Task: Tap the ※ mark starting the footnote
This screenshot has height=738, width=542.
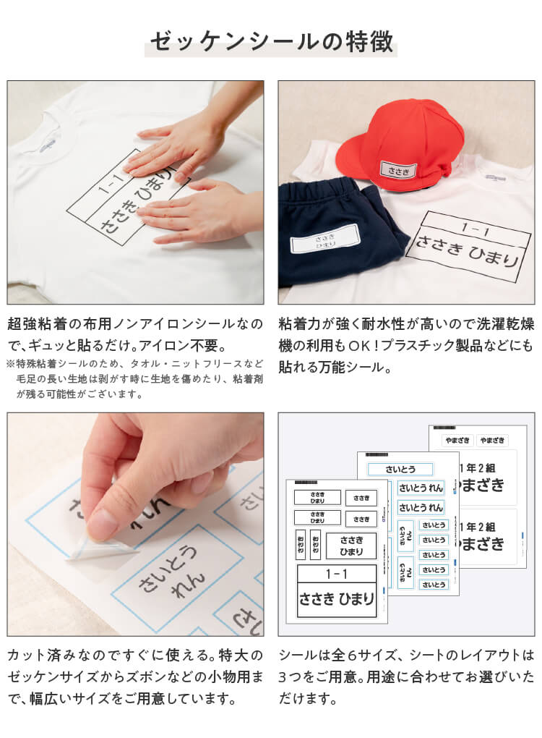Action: tap(11, 364)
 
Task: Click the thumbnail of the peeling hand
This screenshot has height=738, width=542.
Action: tap(135, 524)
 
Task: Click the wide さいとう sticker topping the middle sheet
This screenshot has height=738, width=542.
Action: tap(400, 470)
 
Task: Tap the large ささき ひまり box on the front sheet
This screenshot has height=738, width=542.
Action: tap(336, 599)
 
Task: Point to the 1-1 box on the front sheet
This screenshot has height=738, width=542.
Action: tap(336, 574)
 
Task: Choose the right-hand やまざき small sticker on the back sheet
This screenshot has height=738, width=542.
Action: tap(491, 440)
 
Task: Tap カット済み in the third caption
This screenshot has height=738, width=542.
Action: tap(40, 656)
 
